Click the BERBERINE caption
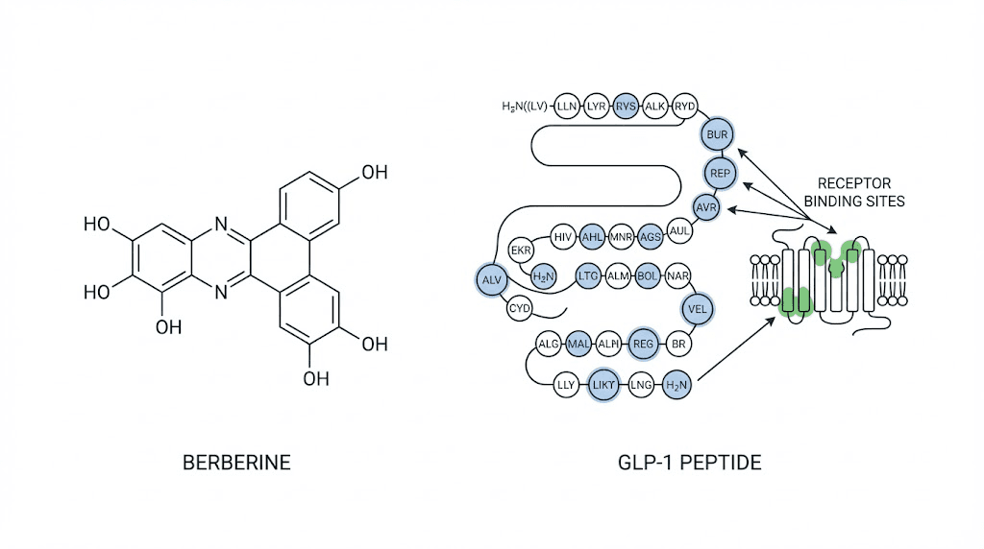[x=236, y=463]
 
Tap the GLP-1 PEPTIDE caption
[x=690, y=463]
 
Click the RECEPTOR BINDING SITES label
[x=854, y=192]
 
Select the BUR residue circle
[x=717, y=134]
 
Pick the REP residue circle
[x=720, y=173]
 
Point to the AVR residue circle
[x=706, y=207]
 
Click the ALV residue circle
[x=491, y=279]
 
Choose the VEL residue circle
[x=698, y=309]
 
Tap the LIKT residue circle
[x=603, y=385]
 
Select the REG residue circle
[x=643, y=344]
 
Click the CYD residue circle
[x=519, y=308]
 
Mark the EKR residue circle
[x=521, y=251]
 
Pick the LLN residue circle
[x=567, y=106]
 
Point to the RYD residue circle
[x=684, y=106]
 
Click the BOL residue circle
[x=647, y=275]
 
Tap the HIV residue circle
[x=563, y=237]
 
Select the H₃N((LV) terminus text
[x=525, y=107]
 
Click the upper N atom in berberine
[x=221, y=224]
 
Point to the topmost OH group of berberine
[x=375, y=173]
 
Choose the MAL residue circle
[x=578, y=344]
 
